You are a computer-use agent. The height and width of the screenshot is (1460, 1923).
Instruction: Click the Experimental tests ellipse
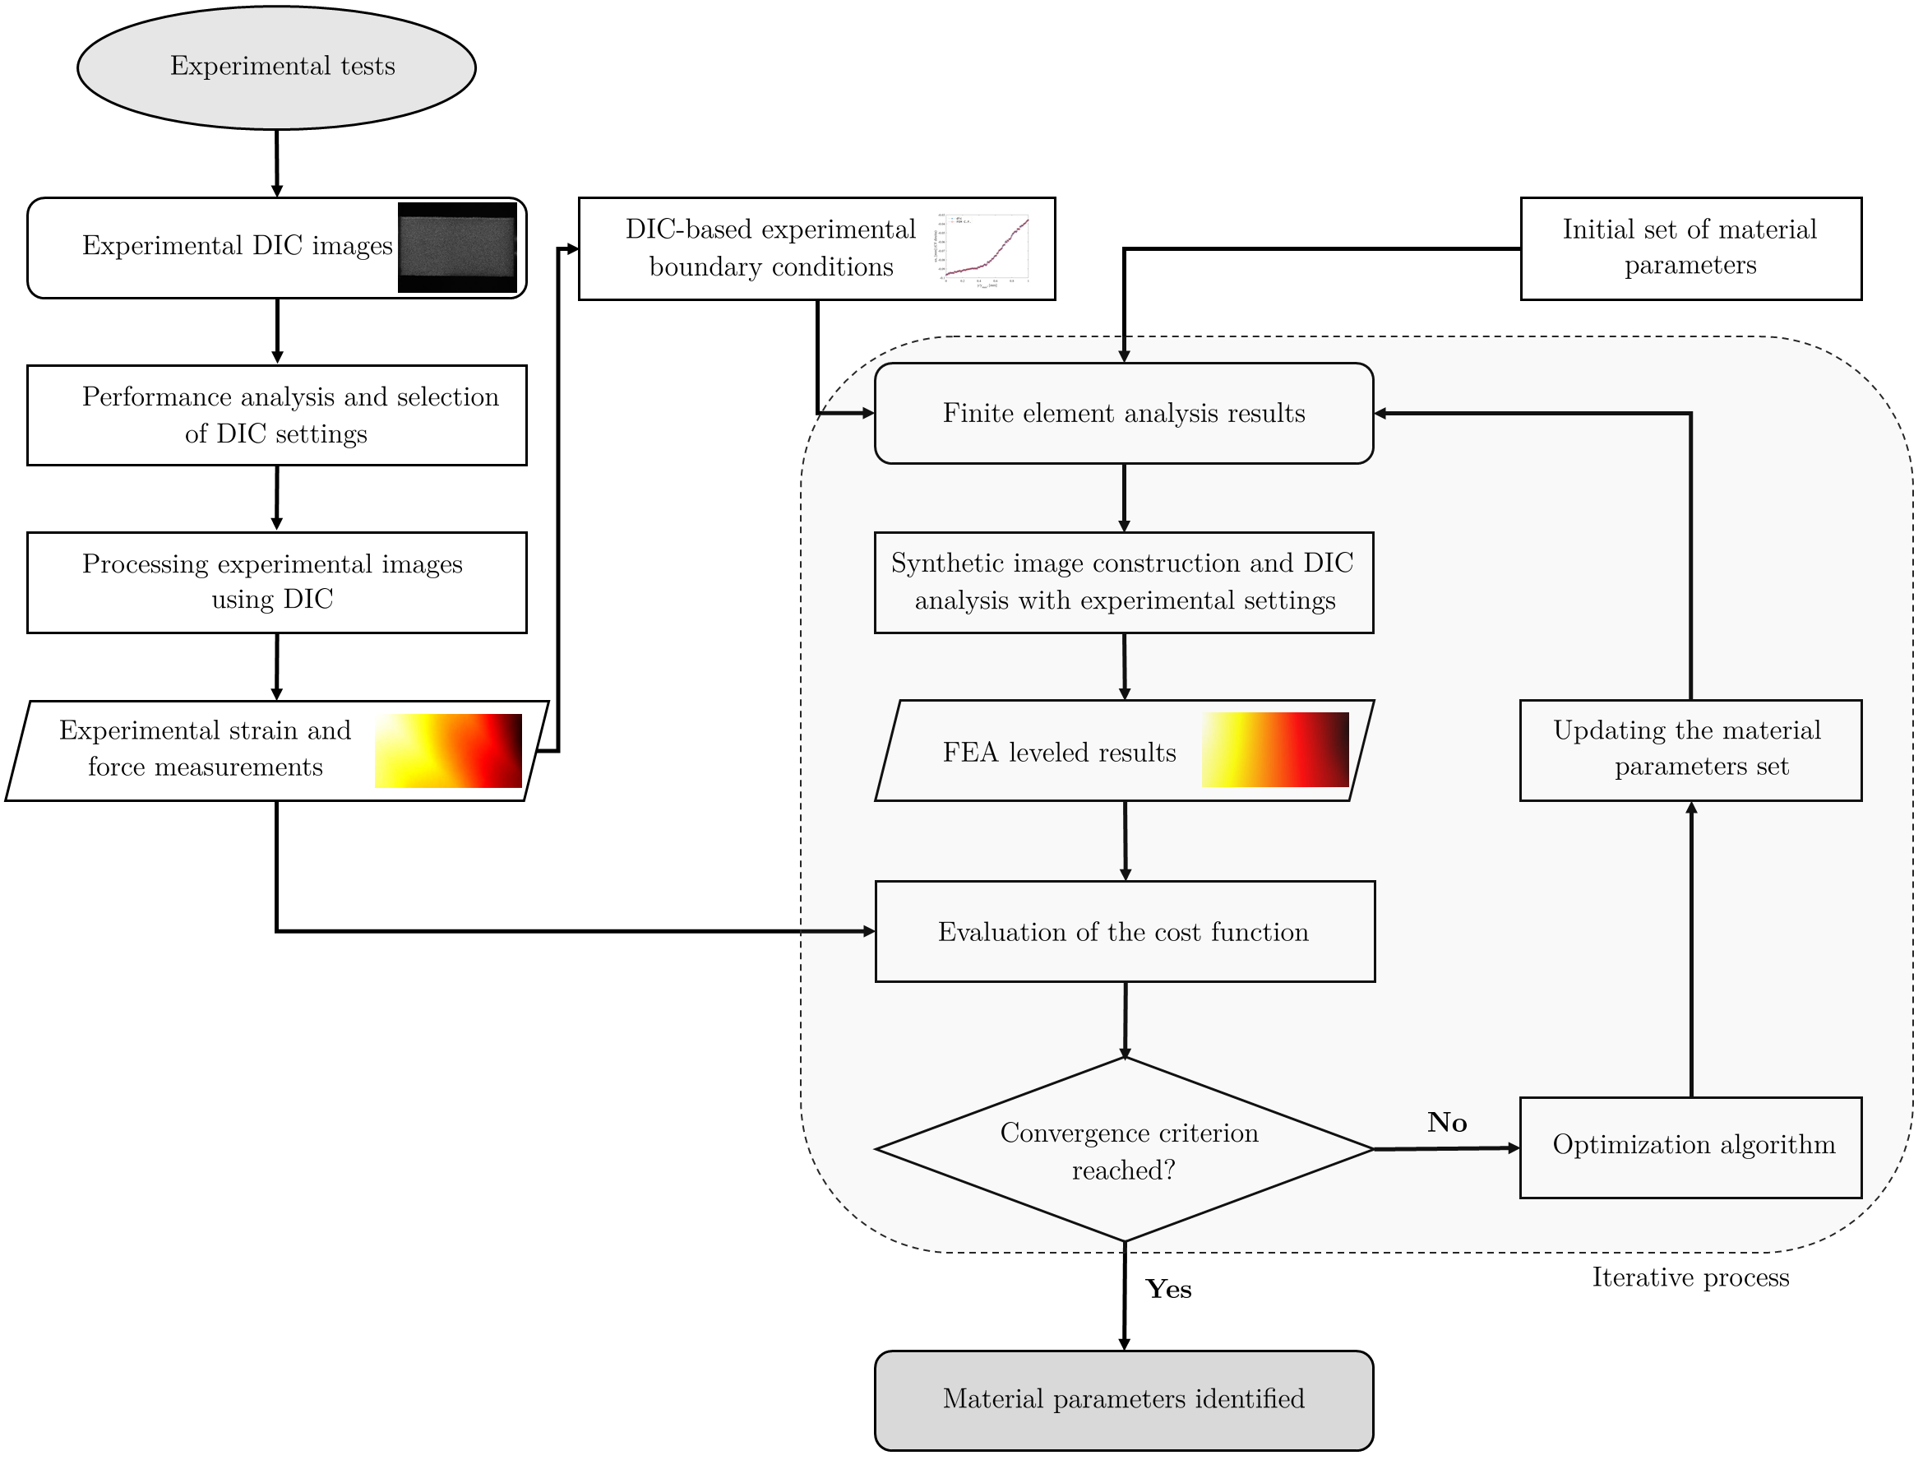point(276,67)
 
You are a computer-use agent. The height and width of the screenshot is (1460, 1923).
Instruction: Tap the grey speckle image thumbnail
point(457,248)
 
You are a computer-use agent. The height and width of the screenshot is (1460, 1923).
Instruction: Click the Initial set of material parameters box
point(1690,248)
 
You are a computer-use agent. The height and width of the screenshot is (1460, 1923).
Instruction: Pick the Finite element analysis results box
point(1123,413)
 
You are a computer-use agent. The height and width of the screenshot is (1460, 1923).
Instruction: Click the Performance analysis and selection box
point(276,415)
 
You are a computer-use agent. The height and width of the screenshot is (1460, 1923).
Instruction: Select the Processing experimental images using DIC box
point(276,582)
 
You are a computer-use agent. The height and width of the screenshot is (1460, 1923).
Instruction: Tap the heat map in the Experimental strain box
point(448,750)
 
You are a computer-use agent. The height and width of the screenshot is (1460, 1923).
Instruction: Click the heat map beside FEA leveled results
point(1274,749)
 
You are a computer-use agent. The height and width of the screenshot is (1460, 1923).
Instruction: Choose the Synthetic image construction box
point(1123,582)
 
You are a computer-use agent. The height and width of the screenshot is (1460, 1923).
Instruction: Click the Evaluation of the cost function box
point(1124,931)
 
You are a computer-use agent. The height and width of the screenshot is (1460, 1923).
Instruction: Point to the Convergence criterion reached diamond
point(1124,1150)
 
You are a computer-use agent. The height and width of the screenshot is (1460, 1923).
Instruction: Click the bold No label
point(1447,1123)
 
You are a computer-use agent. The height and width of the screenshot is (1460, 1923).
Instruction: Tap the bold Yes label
point(1167,1290)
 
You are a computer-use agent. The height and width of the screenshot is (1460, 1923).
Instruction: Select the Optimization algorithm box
point(1690,1147)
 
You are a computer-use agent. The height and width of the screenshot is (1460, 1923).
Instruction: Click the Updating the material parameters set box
point(1690,749)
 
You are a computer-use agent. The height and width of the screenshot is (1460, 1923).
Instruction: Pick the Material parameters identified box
point(1123,1399)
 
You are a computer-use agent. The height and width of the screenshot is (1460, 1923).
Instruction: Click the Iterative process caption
point(1690,1277)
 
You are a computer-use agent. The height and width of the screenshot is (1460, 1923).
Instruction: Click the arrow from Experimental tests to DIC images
point(276,164)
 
